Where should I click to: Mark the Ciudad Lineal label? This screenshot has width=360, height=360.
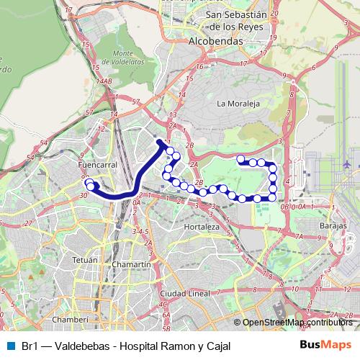pyautogui.click(x=184, y=294)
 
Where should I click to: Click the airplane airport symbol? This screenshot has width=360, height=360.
pyautogui.click(x=348, y=164)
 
